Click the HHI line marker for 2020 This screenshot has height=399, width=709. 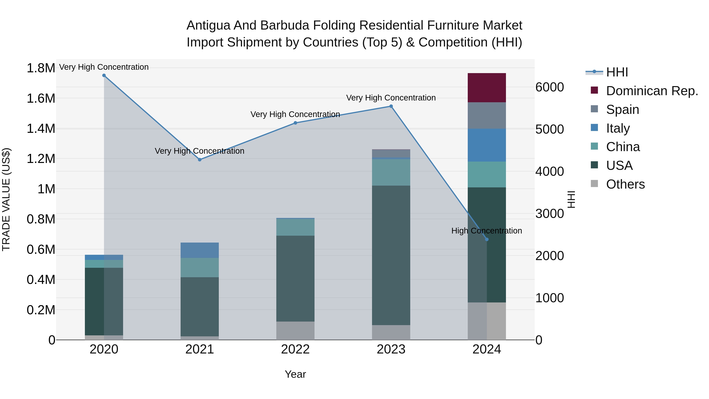pyautogui.click(x=104, y=75)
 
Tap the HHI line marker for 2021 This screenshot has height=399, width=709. pyautogui.click(x=200, y=160)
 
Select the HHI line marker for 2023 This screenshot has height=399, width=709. pyautogui.click(x=391, y=106)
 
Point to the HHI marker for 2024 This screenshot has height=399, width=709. pyautogui.click(x=487, y=240)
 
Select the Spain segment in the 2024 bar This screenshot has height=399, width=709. pyautogui.click(x=487, y=116)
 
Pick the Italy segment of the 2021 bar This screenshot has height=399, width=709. pyautogui.click(x=200, y=250)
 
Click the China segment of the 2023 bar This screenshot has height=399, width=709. pyautogui.click(x=391, y=172)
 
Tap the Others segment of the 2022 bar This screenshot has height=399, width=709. pyautogui.click(x=295, y=330)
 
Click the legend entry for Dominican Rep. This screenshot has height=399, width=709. pyautogui.click(x=652, y=91)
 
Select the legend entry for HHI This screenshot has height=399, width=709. pyautogui.click(x=617, y=72)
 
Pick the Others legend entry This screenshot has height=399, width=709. pyautogui.click(x=625, y=184)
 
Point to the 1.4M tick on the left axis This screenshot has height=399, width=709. pyautogui.click(x=41, y=129)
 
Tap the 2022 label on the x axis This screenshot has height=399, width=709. pyautogui.click(x=295, y=349)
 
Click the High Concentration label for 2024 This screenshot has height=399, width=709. pyautogui.click(x=487, y=231)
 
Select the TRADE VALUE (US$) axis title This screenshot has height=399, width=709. pyautogui.click(x=6, y=199)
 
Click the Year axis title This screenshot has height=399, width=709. pyautogui.click(x=295, y=374)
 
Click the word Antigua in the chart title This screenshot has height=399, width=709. pyautogui.click(x=208, y=25)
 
